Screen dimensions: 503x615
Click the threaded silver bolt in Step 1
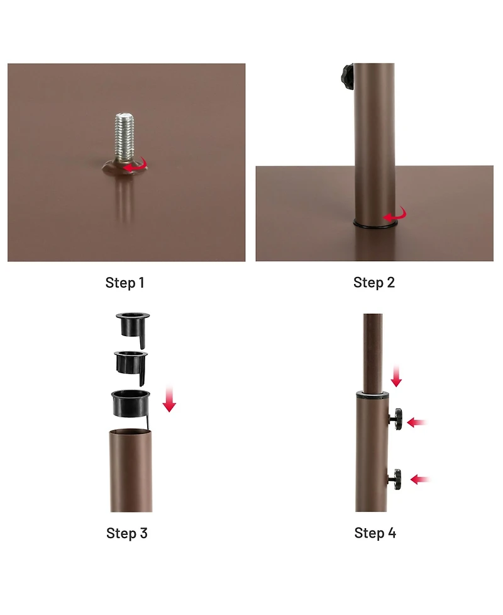[x=124, y=137]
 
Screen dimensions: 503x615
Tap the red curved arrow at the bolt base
[x=136, y=166]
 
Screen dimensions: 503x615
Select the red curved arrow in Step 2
[x=395, y=215]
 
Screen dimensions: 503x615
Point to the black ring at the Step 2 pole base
[x=375, y=225]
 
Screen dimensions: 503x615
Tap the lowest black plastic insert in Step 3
[x=130, y=404]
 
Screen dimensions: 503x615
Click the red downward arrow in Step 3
[x=169, y=398]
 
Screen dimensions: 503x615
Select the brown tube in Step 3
[x=131, y=470]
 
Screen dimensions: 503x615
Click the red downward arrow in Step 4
[x=397, y=376]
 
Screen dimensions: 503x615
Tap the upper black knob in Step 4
[x=395, y=419]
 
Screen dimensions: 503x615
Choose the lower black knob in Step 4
[x=395, y=479]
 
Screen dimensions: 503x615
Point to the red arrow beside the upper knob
[x=417, y=423]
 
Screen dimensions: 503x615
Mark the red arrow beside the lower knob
[x=421, y=479]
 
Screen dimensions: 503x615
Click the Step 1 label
[x=125, y=283]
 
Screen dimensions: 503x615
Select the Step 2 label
[x=374, y=283]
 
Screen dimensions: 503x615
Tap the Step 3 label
[x=127, y=533]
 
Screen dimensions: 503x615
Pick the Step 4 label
[x=375, y=533]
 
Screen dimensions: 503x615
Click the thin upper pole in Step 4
[x=373, y=353]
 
